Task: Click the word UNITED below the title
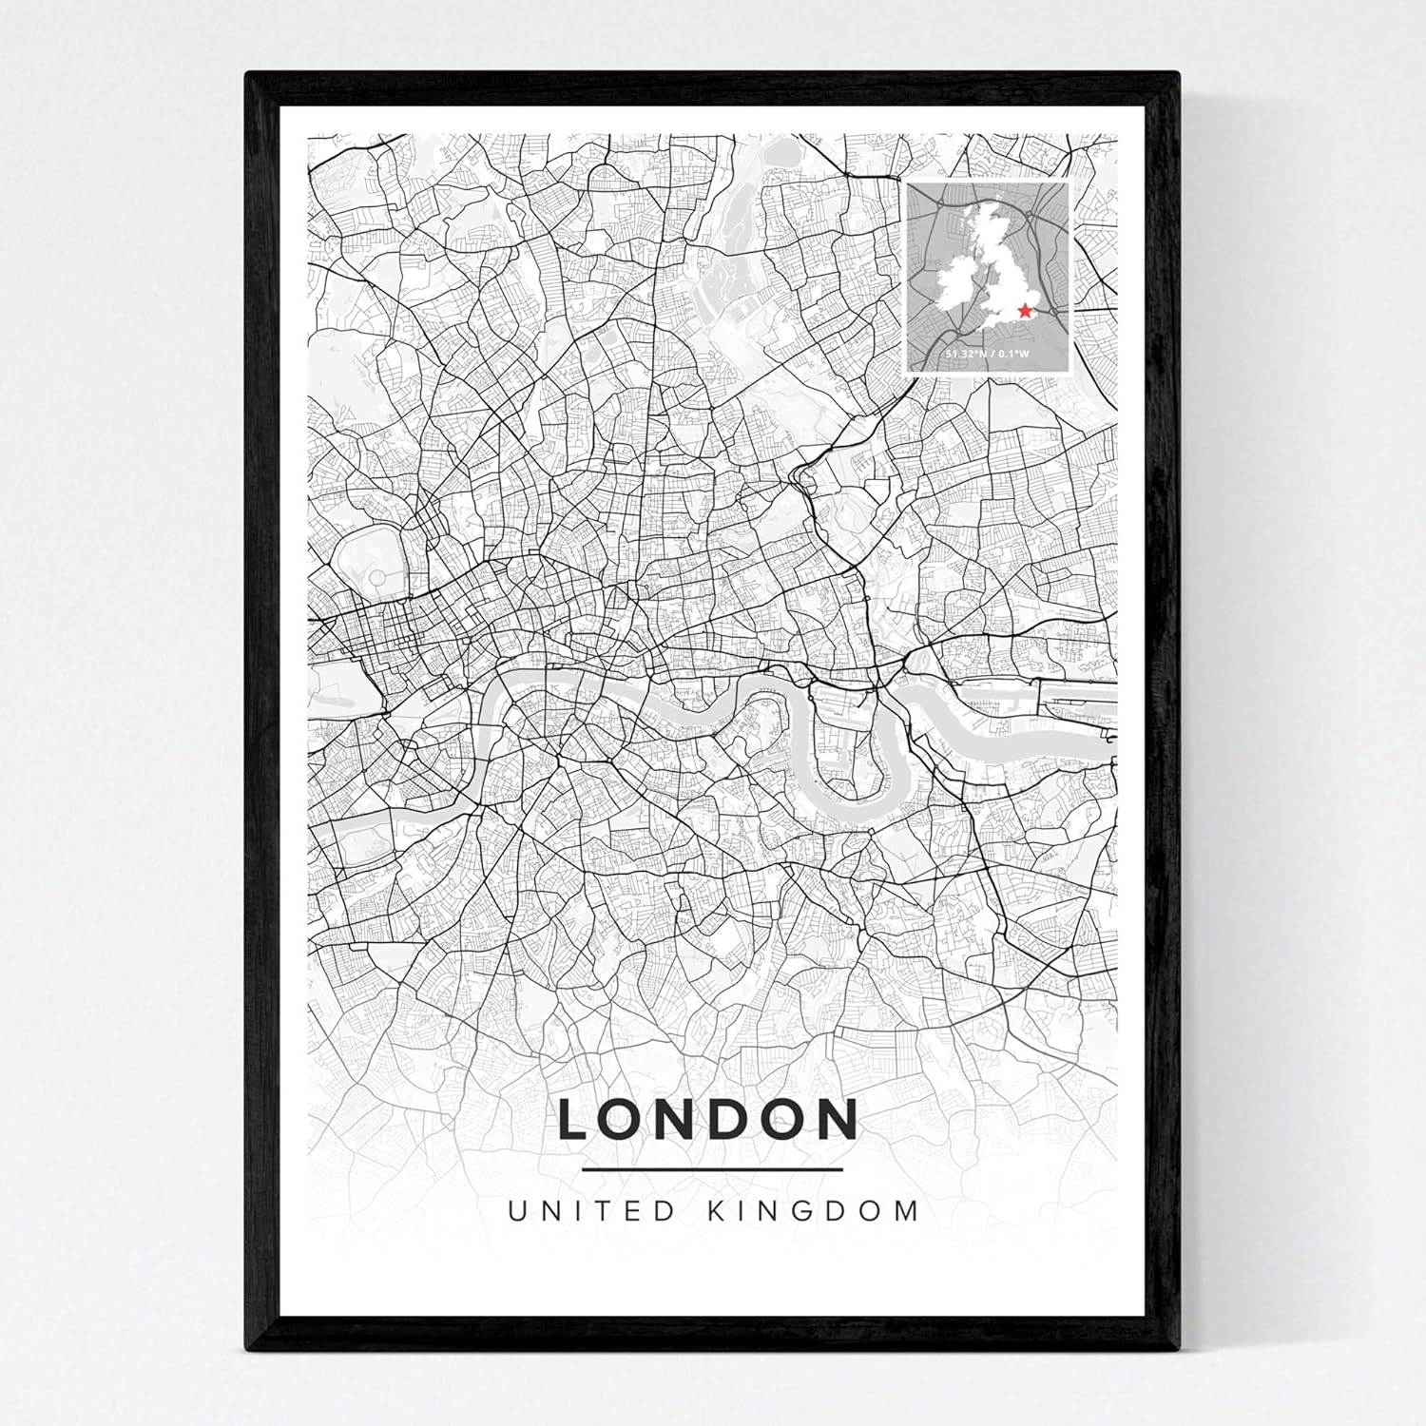tap(592, 1211)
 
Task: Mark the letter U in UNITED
tap(518, 1211)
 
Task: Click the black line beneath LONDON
tap(712, 1169)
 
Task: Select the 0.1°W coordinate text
tap(1015, 354)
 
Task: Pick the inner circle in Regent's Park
tap(376, 577)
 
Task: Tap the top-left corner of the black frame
tap(249, 76)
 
